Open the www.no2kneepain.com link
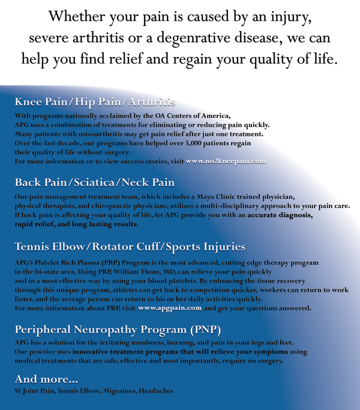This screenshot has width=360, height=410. point(226,161)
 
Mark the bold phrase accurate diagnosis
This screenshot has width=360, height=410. point(279,215)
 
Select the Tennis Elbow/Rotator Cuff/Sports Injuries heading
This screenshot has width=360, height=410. point(130,246)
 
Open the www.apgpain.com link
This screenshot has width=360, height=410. point(170,309)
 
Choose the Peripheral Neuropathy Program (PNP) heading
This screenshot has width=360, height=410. point(118,329)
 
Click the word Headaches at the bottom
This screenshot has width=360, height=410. point(156,391)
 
